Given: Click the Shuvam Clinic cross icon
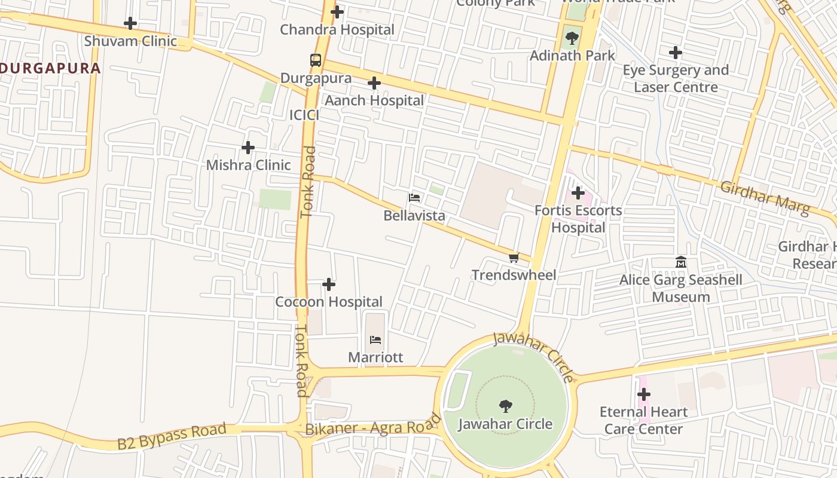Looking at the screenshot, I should (130, 24).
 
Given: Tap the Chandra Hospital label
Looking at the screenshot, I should (337, 29).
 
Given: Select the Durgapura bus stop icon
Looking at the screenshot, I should (315, 60).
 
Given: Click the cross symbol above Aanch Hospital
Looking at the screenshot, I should (374, 83).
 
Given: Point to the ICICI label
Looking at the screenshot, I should (304, 115).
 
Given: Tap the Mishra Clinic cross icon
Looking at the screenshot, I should (248, 148).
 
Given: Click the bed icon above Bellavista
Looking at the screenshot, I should (414, 197).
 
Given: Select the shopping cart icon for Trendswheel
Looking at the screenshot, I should (514, 258).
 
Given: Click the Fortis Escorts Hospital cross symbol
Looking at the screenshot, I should (578, 193).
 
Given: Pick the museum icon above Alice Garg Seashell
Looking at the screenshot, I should (681, 262).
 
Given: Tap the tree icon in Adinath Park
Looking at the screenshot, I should (572, 38).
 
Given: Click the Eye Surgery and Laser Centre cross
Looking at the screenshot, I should (676, 53).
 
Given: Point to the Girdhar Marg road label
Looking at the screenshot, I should (765, 198).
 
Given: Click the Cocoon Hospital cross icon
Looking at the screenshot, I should (329, 284).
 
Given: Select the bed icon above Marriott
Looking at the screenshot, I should (375, 340).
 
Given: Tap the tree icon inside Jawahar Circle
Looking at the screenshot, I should (505, 406).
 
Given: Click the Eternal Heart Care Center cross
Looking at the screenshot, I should (644, 394).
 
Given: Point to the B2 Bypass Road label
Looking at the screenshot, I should (172, 436).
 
